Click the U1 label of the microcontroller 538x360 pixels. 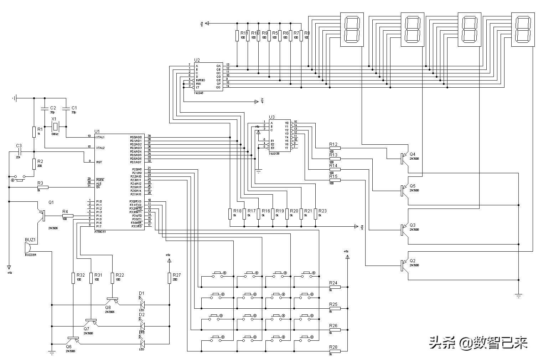point(97,132)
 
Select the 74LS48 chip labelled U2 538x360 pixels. point(208,77)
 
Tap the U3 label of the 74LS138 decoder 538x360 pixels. point(272,117)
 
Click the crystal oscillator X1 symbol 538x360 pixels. point(55,126)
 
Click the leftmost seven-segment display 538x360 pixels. point(352,29)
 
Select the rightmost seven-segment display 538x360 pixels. point(523,29)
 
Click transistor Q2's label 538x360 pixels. point(413,261)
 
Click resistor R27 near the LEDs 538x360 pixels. point(169,278)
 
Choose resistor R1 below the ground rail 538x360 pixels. point(34,132)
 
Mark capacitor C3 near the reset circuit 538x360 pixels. point(20,152)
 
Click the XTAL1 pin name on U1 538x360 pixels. point(100,137)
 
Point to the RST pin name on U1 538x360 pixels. point(99,162)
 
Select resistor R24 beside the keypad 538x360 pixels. point(335,287)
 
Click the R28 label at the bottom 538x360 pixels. point(333,347)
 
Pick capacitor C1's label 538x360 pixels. point(74,108)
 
